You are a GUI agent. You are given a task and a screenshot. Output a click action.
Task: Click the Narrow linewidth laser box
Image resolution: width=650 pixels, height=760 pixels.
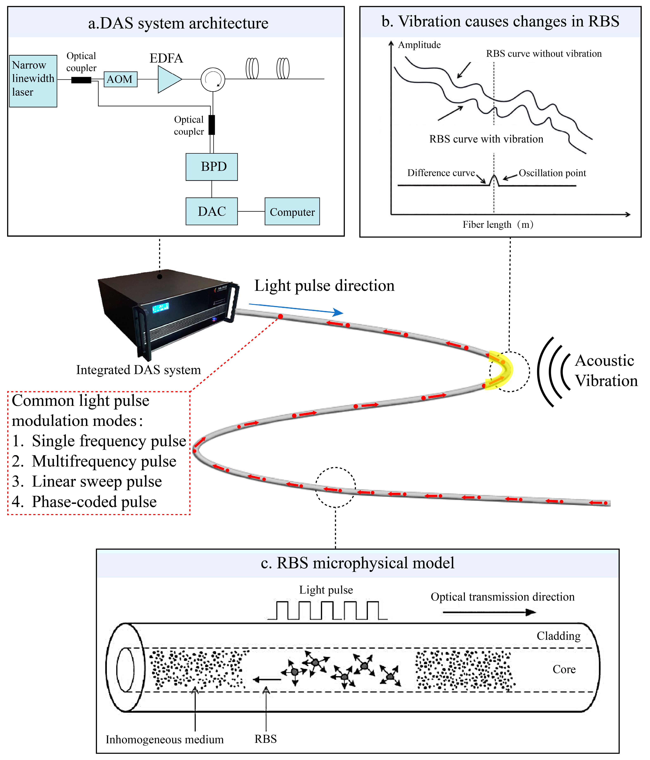point(33,81)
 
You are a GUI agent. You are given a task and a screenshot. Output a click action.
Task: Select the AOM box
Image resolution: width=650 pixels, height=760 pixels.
point(120,79)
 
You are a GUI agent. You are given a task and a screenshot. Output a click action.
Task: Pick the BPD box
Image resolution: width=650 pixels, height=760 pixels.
point(212,167)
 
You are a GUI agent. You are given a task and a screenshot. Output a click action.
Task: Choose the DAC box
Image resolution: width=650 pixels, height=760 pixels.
point(212,211)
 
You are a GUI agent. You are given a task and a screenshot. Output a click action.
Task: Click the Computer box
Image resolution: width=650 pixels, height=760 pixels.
point(292,212)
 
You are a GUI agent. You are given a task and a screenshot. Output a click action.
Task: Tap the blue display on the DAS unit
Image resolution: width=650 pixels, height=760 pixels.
point(161,307)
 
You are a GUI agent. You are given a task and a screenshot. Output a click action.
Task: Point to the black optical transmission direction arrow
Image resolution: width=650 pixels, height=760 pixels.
point(489,612)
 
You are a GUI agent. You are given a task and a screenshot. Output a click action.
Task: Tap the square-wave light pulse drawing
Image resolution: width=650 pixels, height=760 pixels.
point(327,610)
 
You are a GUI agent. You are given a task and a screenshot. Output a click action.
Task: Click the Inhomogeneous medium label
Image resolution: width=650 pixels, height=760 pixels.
point(164,739)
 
